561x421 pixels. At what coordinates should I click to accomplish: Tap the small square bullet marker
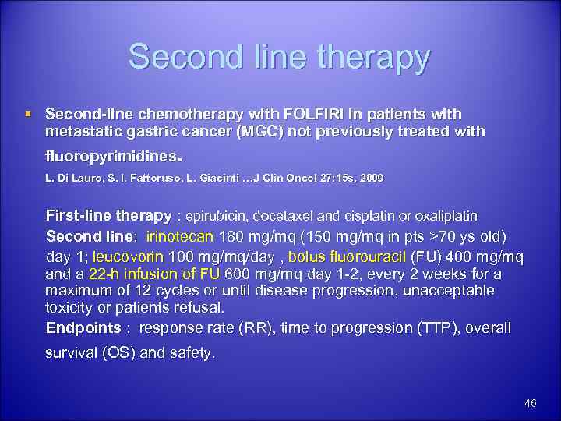pyautogui.click(x=29, y=115)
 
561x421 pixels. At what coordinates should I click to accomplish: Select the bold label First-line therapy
pyautogui.click(x=108, y=214)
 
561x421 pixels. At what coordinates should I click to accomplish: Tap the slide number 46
pyautogui.click(x=531, y=403)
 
